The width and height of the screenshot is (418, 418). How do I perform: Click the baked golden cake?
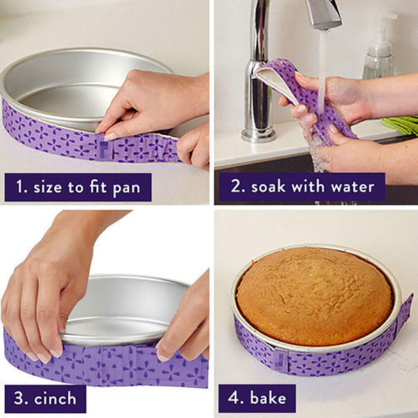(x=313, y=295)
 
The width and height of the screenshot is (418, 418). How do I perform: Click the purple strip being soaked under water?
(x=307, y=91)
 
